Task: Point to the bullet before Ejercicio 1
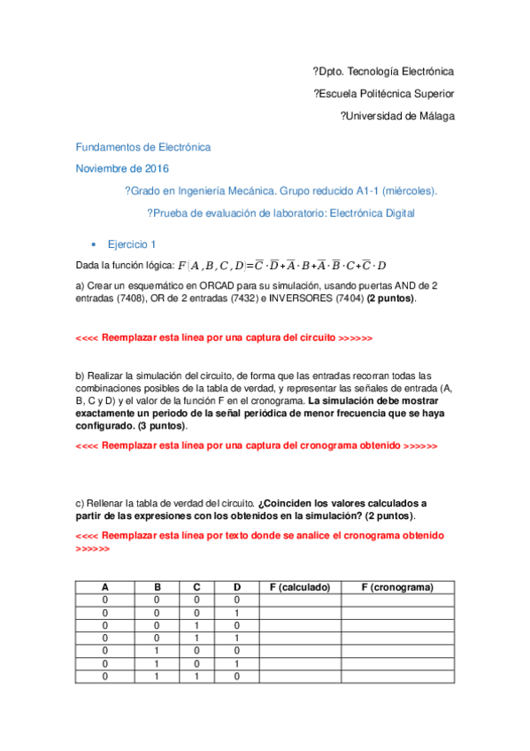click(x=93, y=244)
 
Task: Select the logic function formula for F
click(x=281, y=265)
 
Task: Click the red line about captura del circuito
click(x=224, y=338)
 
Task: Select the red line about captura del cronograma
click(x=257, y=446)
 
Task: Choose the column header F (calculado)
click(x=299, y=587)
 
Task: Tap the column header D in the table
click(x=235, y=587)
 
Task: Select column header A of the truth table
click(x=105, y=587)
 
